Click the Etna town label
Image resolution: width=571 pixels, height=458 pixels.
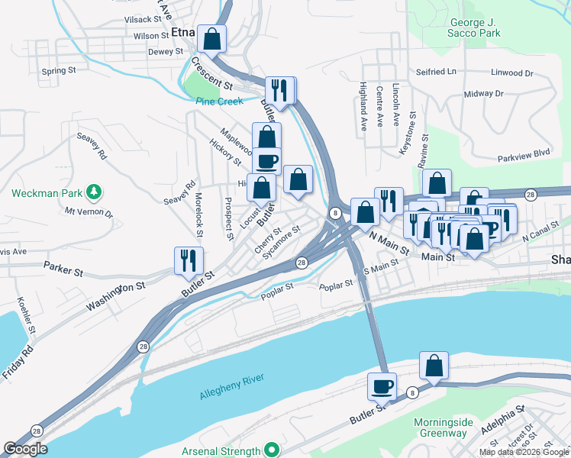coord(183,33)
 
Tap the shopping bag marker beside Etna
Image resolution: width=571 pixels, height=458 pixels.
coord(211,38)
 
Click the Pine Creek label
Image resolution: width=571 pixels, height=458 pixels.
coord(219,101)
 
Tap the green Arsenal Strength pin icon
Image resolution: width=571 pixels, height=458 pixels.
coord(270,450)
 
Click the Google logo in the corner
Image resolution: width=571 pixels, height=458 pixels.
coord(25,449)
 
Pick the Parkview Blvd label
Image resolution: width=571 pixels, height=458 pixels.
coord(523,153)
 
